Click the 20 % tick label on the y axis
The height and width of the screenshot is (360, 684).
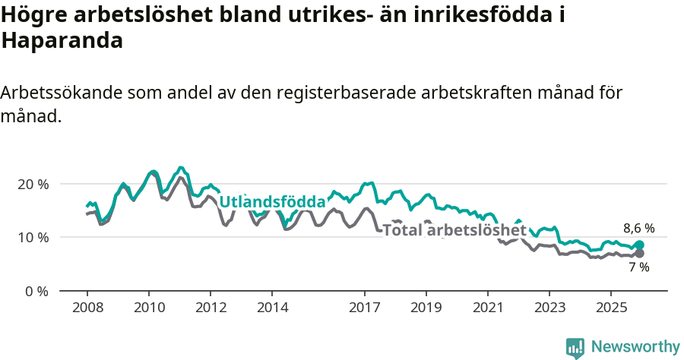click(33, 184)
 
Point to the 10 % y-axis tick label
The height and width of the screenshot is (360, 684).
click(33, 237)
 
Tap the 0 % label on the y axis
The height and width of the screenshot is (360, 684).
click(36, 291)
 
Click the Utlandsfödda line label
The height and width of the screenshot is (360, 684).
click(272, 202)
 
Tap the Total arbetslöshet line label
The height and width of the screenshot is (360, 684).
click(454, 230)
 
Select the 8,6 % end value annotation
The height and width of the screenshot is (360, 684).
click(639, 228)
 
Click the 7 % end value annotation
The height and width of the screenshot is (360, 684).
click(638, 267)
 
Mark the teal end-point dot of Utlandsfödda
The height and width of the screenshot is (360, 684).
click(639, 245)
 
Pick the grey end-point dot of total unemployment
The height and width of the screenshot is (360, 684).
click(639, 254)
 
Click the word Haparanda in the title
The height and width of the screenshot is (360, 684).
click(62, 41)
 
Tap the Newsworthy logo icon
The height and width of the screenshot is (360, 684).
click(575, 347)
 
